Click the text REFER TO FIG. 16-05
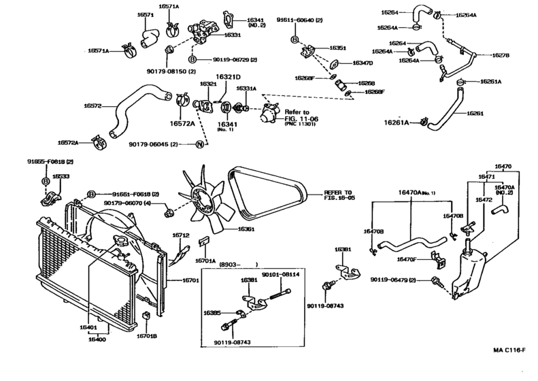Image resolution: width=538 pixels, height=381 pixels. (x=338, y=196)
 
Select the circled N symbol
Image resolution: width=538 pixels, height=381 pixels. (x=199, y=144)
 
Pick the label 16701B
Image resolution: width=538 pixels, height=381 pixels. (x=146, y=336)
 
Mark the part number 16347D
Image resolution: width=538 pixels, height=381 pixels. (x=361, y=63)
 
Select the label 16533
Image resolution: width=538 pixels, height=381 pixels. (x=61, y=176)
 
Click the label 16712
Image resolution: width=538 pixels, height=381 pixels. (x=180, y=235)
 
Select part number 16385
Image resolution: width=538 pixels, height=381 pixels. (x=212, y=312)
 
